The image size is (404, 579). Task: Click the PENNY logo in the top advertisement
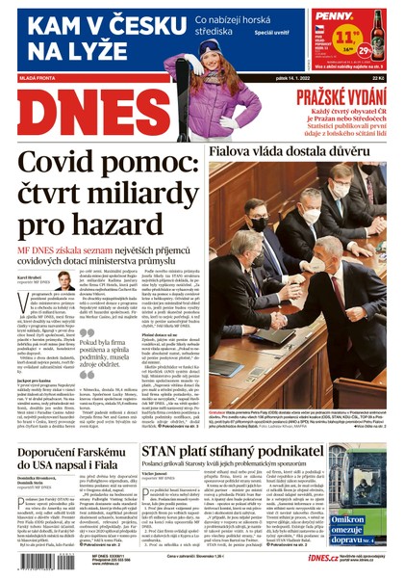point(334,17)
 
